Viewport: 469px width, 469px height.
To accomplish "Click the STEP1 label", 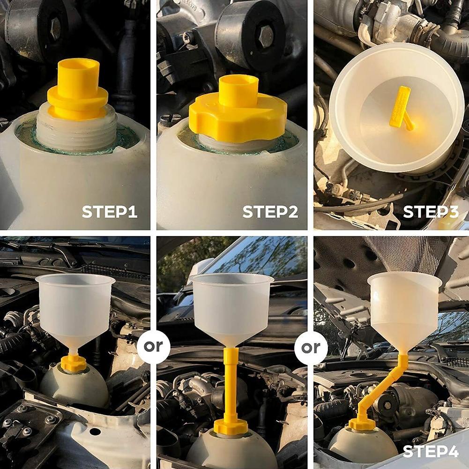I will click(110, 212).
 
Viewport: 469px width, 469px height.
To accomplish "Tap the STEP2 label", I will click(270, 212).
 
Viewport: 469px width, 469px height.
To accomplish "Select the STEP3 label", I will click(431, 212).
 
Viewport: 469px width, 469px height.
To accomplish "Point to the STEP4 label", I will click(431, 452).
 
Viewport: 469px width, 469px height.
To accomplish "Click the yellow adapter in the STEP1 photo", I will click(77, 89).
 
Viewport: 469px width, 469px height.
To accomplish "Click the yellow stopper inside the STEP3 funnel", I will click(401, 108).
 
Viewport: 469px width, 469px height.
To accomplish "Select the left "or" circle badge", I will click(153, 347).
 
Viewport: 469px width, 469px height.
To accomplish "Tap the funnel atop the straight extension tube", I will click(232, 309).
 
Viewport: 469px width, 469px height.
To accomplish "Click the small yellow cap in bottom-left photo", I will click(74, 363).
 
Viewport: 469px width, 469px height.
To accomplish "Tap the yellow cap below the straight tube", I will click(231, 426).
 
